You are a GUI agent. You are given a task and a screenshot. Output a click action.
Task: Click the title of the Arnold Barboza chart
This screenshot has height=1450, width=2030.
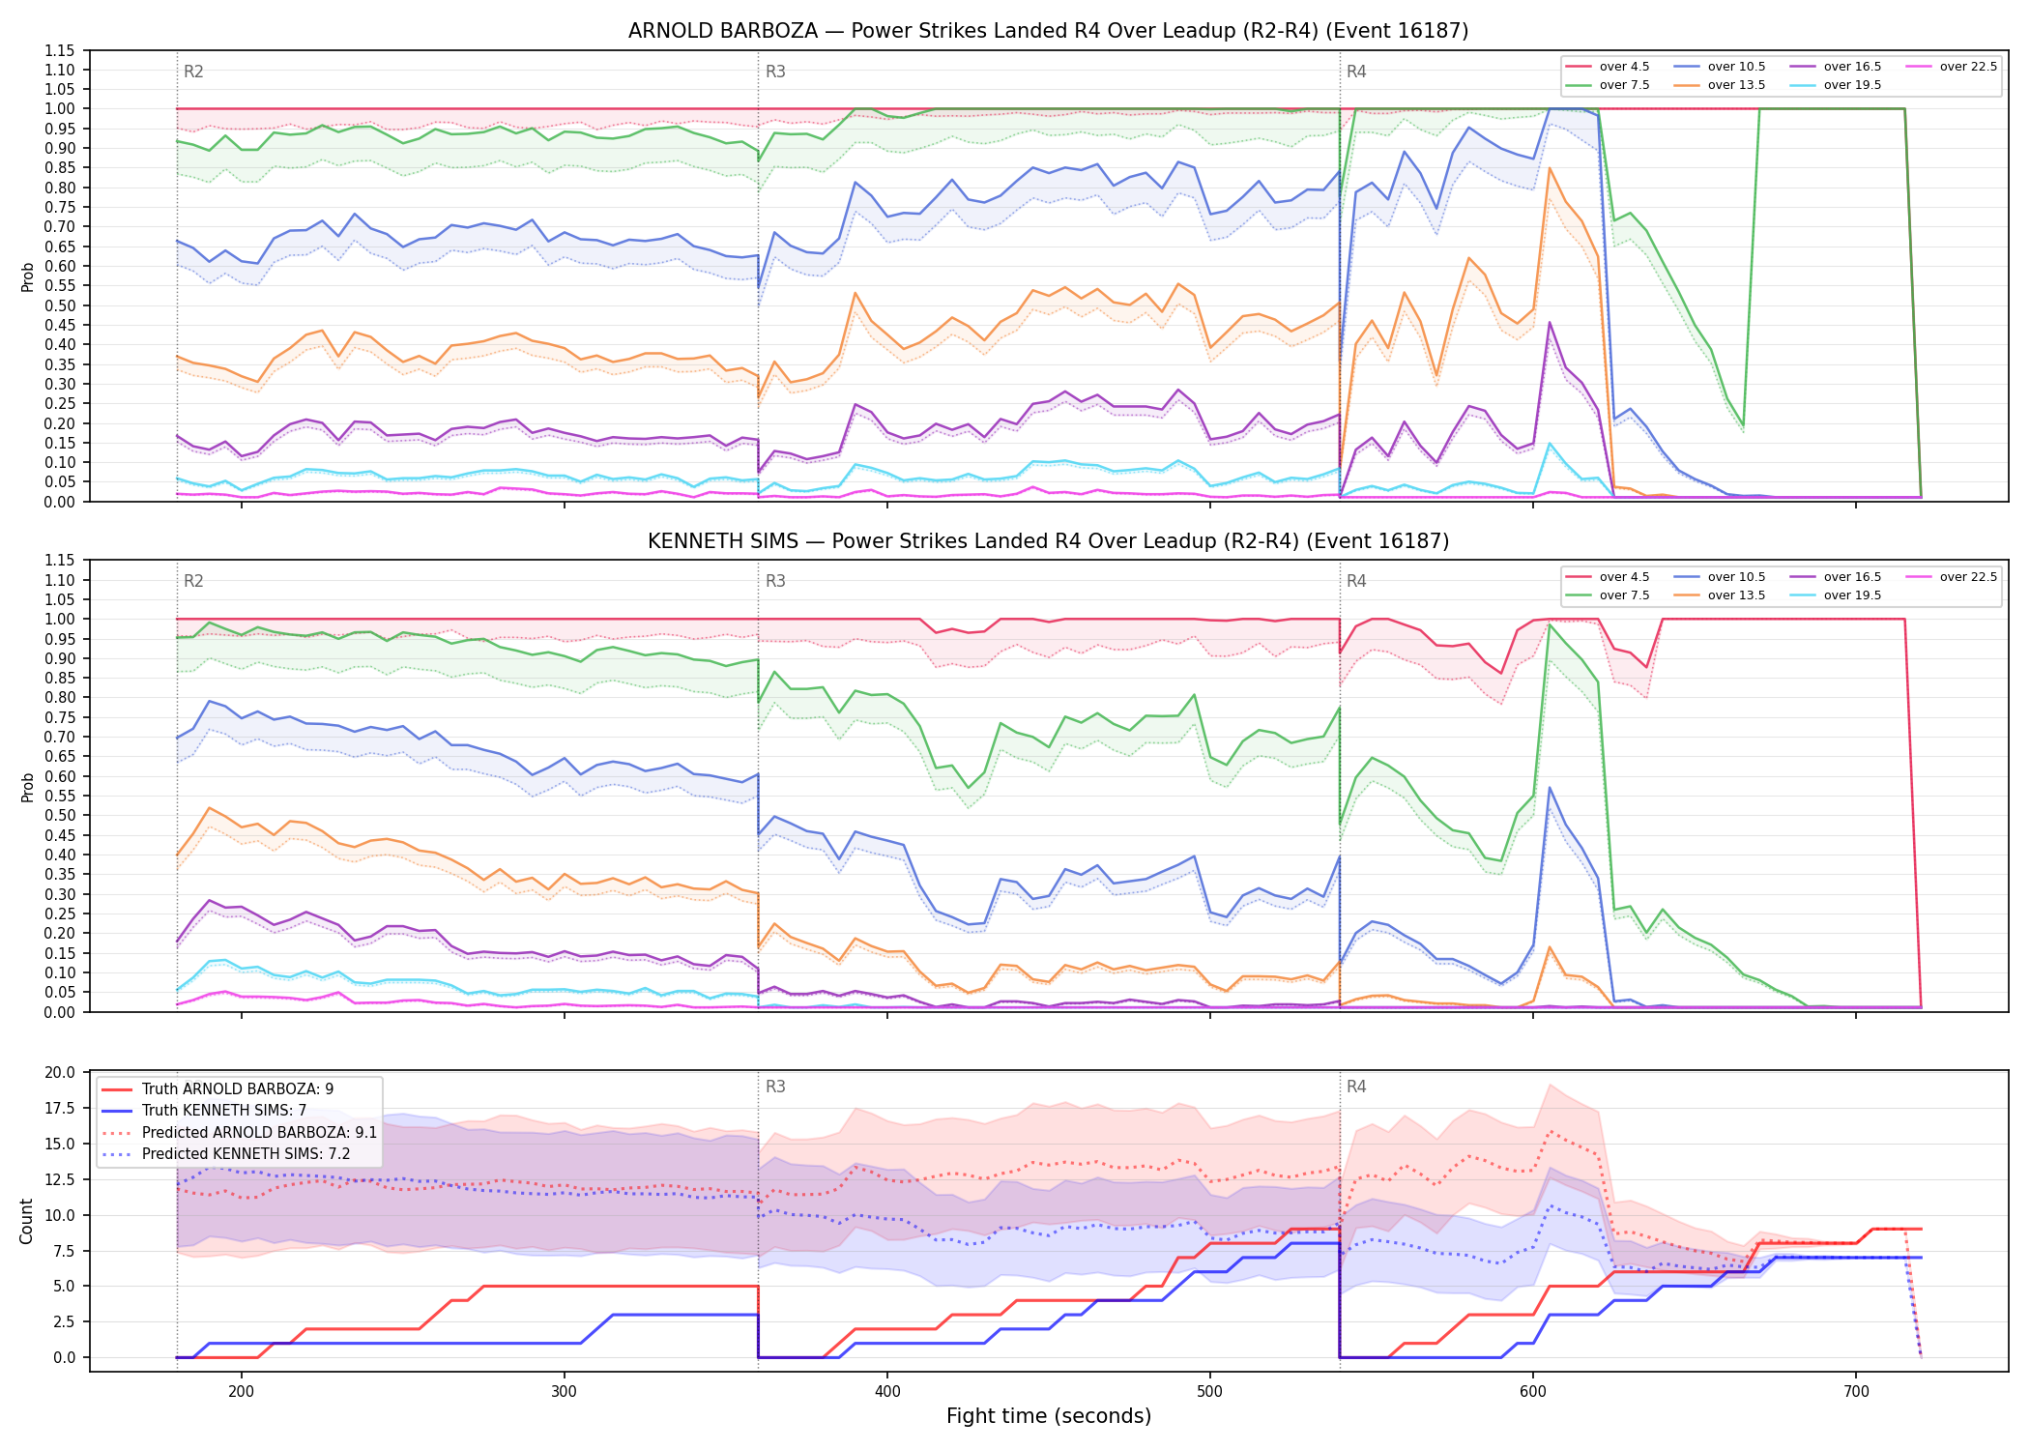[x=1048, y=31]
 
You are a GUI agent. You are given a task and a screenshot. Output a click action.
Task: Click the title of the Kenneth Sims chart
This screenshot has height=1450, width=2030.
[x=1048, y=541]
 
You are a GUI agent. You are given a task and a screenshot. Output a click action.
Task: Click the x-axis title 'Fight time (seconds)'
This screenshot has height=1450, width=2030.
[x=1049, y=1416]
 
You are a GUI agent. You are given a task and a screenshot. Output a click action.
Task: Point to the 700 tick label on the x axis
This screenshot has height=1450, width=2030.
[x=1856, y=1391]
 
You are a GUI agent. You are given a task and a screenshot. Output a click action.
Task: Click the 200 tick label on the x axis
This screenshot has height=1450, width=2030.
[x=242, y=1391]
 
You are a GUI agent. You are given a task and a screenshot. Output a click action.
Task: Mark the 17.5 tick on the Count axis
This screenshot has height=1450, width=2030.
[x=60, y=1108]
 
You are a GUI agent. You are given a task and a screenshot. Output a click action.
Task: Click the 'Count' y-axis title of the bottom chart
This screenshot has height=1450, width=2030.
[x=26, y=1221]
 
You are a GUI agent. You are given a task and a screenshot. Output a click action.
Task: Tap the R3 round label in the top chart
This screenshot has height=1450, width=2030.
[x=775, y=72]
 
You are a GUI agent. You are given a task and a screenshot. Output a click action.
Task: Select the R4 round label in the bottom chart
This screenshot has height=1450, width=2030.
[x=1356, y=1087]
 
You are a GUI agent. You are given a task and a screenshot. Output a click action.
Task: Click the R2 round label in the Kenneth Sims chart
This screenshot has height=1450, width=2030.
[x=193, y=581]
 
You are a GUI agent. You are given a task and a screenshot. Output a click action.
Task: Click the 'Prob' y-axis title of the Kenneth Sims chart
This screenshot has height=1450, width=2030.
[x=28, y=787]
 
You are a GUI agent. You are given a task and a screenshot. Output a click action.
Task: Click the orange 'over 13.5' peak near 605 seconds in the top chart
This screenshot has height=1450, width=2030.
[x=1550, y=169]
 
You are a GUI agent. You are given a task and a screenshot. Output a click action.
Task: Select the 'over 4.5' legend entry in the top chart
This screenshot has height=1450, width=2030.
[x=1609, y=67]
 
